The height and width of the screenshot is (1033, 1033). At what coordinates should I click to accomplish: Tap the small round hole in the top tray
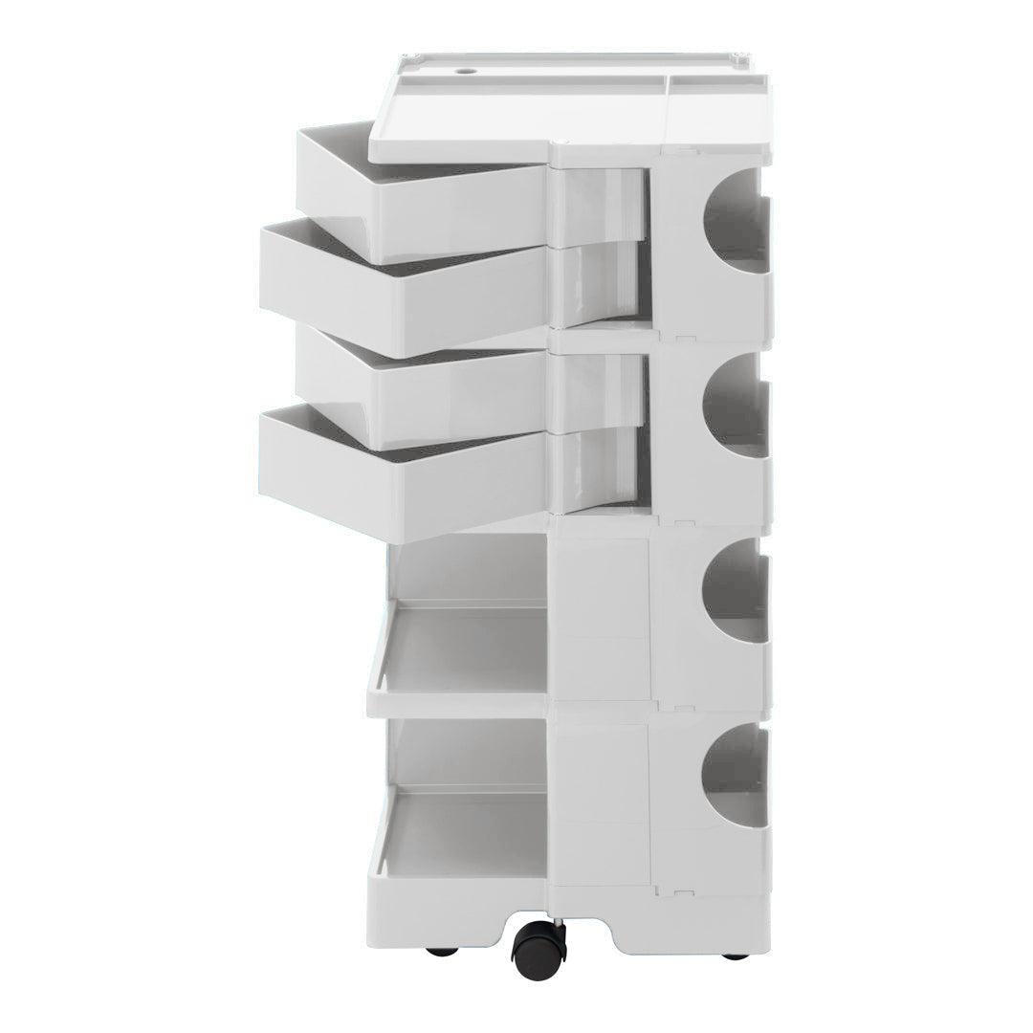pos(465,71)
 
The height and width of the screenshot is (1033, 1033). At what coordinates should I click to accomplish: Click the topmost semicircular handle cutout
pos(736,222)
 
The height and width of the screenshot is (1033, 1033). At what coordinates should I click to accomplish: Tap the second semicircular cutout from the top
pos(736,407)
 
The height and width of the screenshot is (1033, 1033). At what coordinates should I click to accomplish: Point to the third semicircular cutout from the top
pos(736,591)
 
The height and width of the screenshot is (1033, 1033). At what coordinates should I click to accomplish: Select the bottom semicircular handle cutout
pos(736,776)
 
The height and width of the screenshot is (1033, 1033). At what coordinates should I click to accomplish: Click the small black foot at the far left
pos(441,952)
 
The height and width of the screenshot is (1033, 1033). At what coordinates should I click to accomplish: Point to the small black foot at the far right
pos(736,956)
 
